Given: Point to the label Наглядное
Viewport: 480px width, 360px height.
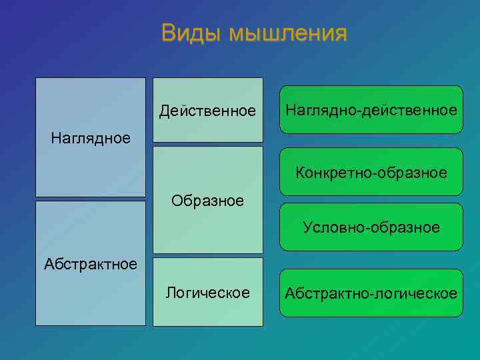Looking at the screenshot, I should pos(91,138).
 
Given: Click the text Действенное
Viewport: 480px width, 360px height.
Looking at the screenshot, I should pos(207,110).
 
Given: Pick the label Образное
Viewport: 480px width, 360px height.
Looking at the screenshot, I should pos(207,200).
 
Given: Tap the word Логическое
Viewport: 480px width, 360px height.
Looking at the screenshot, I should pos(207,293).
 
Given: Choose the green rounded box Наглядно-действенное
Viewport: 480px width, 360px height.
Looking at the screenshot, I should pos(371,109).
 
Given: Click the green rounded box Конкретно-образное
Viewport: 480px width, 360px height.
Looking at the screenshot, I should pos(371,173).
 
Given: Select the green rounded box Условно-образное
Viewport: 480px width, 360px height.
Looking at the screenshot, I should pos(371,227).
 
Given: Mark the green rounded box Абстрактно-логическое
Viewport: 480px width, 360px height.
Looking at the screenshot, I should pos(371,293).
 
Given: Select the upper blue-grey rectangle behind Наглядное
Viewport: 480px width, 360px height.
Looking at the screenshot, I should pos(91,107).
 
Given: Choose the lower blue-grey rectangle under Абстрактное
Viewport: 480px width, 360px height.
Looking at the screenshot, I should pos(91,300).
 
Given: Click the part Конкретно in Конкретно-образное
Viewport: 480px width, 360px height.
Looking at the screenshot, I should pos(333,173).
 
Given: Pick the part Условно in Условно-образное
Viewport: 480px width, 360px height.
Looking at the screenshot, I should pos(329,227).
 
